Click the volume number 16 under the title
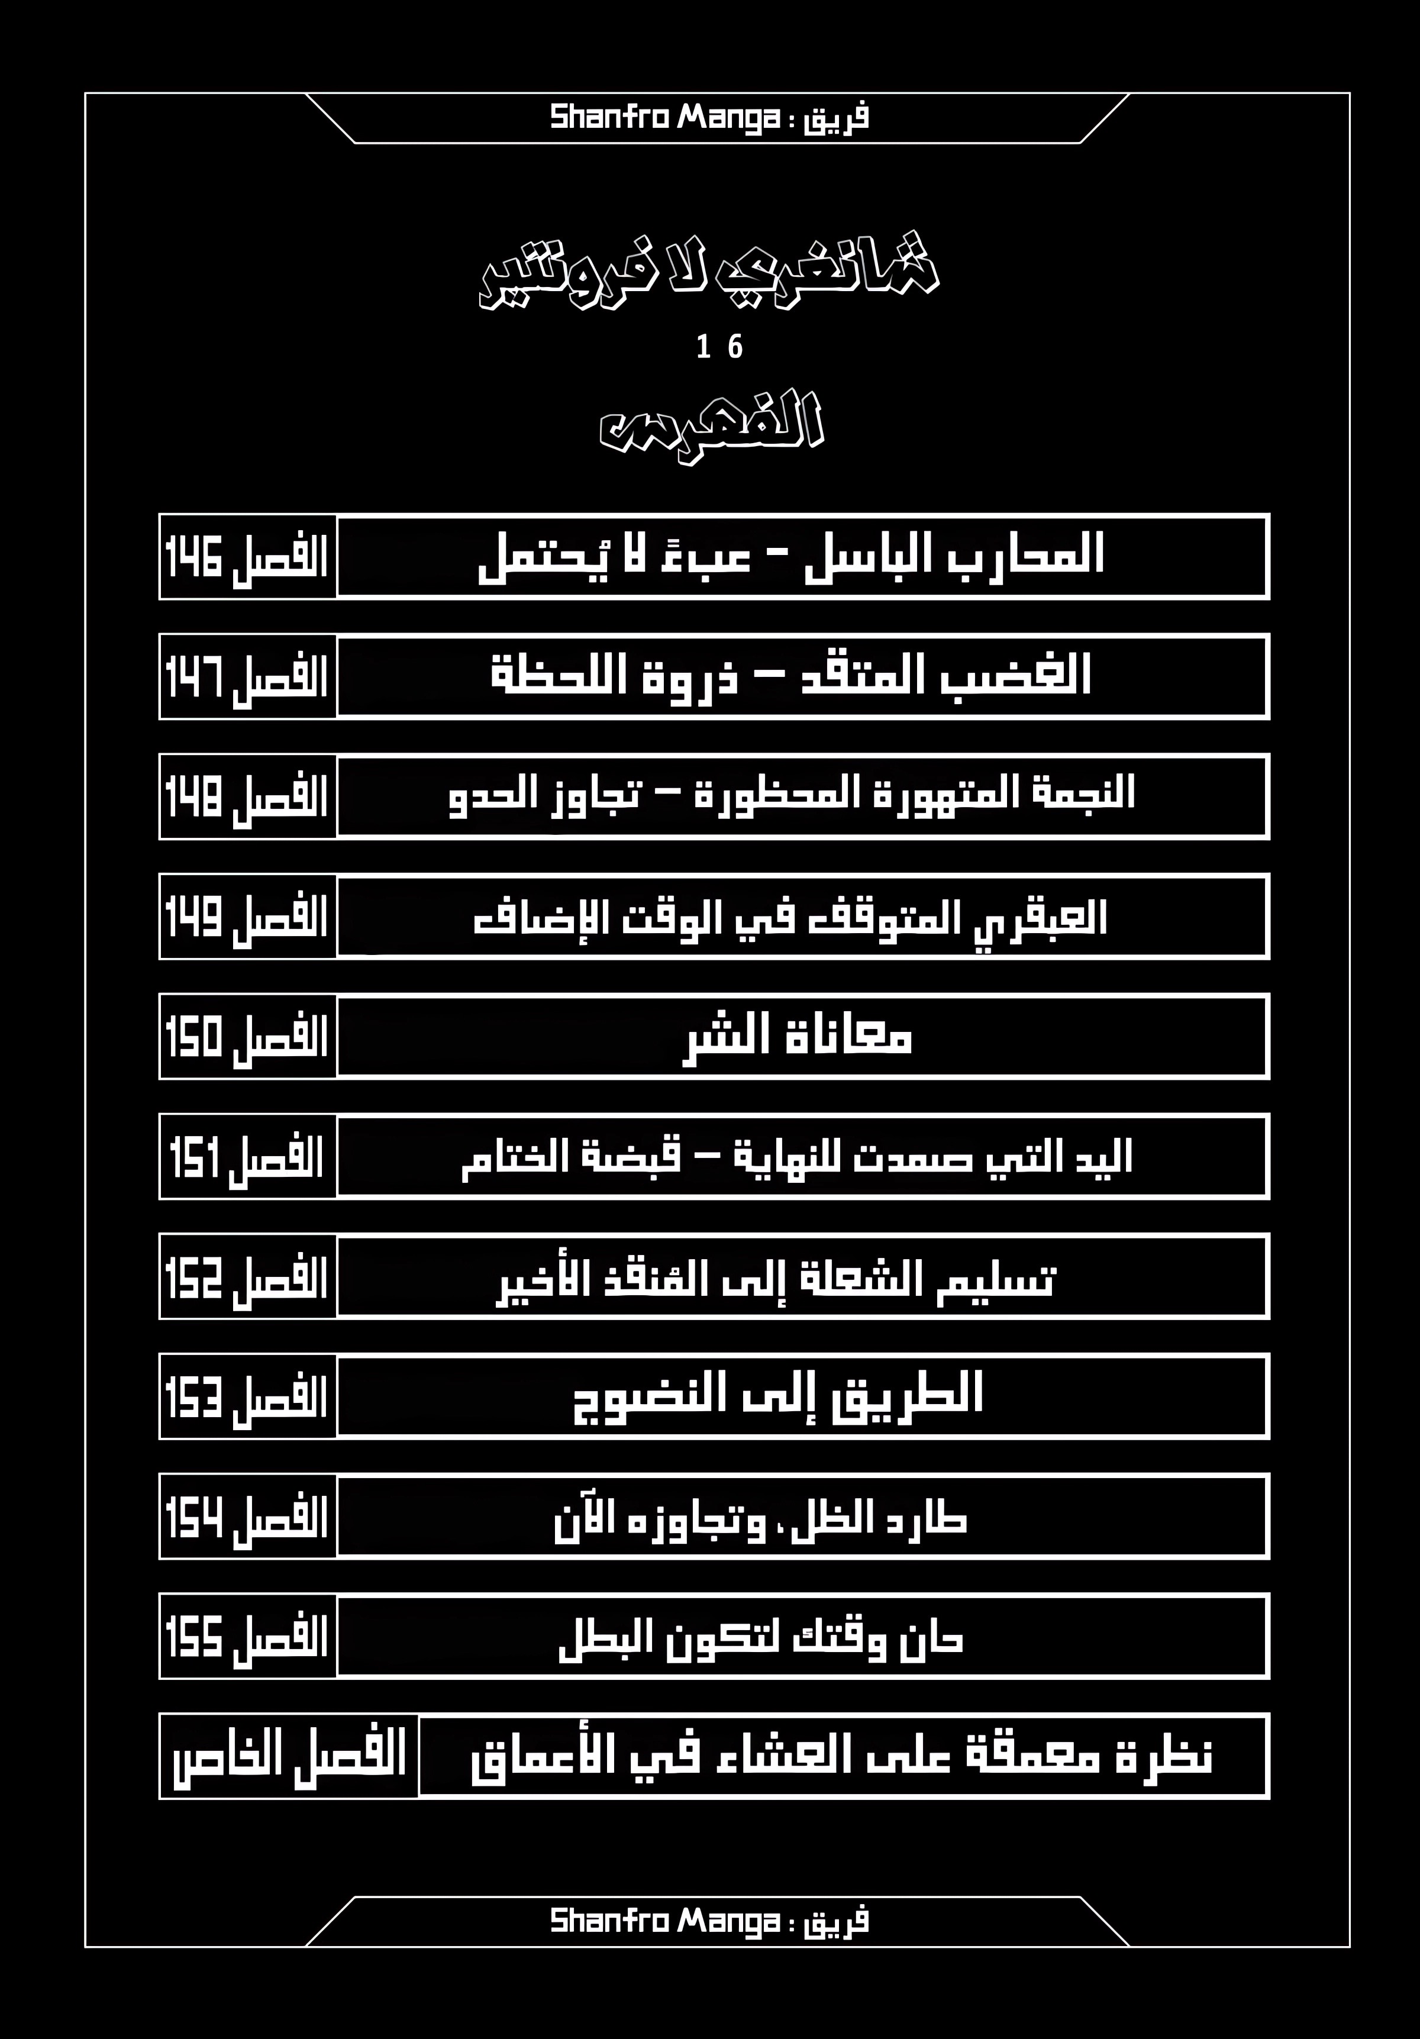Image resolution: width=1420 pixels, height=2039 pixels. pos(719,346)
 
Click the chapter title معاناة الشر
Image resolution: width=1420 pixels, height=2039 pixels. pos(798,1037)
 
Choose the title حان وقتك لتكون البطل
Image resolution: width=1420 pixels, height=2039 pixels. pos(761,1637)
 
